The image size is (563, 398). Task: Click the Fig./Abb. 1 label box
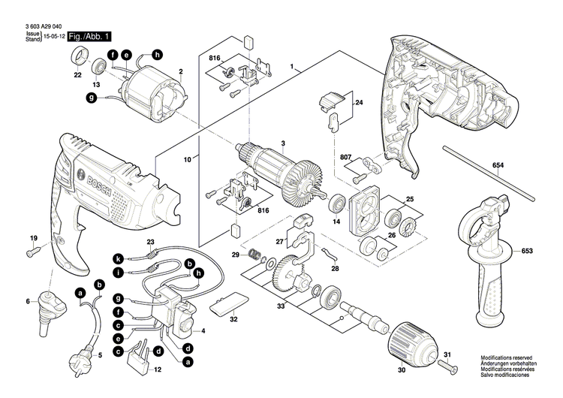90,36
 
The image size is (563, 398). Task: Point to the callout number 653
527,250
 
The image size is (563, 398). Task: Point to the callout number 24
359,102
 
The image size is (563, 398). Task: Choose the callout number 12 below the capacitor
157,370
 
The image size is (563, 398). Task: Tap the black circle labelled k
118,258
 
